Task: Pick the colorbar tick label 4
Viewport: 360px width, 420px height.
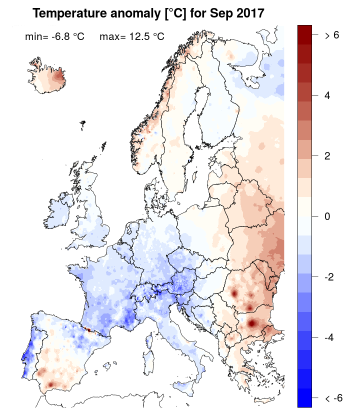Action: point(328,95)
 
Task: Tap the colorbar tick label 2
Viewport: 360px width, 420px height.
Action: point(328,156)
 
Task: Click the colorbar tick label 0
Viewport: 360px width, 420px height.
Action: point(328,217)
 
